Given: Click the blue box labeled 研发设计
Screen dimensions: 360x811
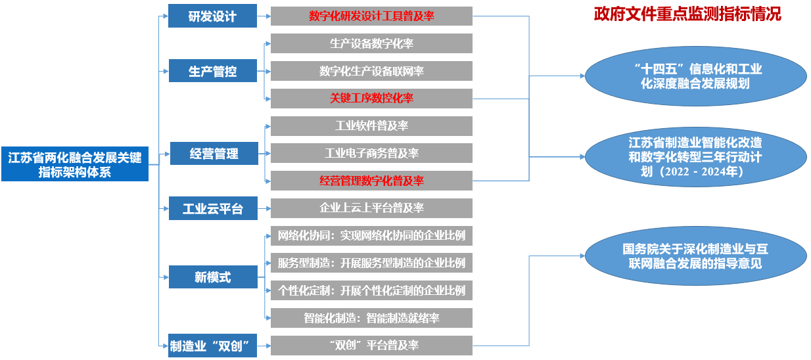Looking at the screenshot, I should (x=212, y=16).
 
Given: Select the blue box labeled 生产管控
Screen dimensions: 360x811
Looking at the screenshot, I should (x=212, y=71).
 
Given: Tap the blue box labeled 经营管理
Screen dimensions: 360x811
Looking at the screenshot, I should (x=214, y=154).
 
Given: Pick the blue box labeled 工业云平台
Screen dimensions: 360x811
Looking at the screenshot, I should (x=212, y=209).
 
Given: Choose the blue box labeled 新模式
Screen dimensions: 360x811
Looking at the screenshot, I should (x=212, y=277).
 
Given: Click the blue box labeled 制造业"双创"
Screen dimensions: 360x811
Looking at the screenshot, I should (x=212, y=346).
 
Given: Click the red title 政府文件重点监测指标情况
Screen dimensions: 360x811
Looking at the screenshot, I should (x=687, y=14).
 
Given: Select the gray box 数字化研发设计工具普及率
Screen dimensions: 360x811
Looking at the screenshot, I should (x=371, y=16).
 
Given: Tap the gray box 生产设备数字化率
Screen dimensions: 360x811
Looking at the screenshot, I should (x=371, y=43).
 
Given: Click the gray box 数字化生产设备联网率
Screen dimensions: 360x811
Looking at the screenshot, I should (x=371, y=71).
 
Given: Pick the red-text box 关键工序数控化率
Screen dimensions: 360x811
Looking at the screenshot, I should (x=371, y=99).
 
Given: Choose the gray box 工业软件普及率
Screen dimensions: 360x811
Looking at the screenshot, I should (x=371, y=126).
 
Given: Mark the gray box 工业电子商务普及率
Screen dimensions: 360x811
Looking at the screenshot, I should (x=371, y=154).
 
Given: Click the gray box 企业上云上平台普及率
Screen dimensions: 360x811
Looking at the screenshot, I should (x=371, y=208).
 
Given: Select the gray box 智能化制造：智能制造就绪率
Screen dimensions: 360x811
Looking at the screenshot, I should (x=371, y=318).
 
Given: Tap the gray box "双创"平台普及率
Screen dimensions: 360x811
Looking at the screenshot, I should (x=371, y=346).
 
